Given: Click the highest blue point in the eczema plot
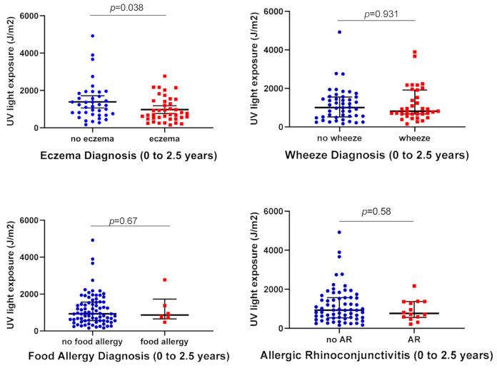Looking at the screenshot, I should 92,36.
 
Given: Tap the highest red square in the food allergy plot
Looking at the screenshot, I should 165,280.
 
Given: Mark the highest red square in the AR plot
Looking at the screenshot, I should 414,286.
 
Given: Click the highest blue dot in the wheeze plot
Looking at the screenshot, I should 340,32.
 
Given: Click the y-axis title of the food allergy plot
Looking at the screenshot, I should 11,274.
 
